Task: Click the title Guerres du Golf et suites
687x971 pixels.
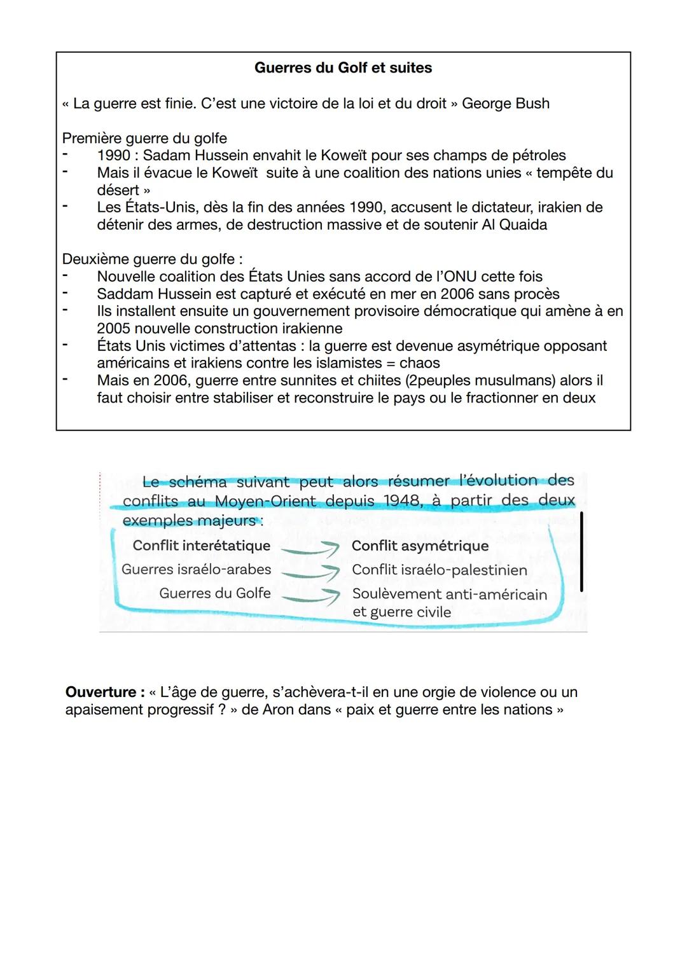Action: (343, 68)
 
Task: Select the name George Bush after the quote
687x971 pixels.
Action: (505, 104)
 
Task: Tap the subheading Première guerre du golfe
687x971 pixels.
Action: (144, 138)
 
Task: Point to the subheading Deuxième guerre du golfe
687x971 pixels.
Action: (151, 259)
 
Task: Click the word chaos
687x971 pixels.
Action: (419, 363)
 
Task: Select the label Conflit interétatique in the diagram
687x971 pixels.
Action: (201, 546)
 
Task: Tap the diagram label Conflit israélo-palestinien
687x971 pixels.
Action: (440, 570)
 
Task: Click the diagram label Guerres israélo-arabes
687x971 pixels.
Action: (196, 570)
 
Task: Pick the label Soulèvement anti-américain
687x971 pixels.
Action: (449, 595)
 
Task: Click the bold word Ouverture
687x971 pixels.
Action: (101, 692)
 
